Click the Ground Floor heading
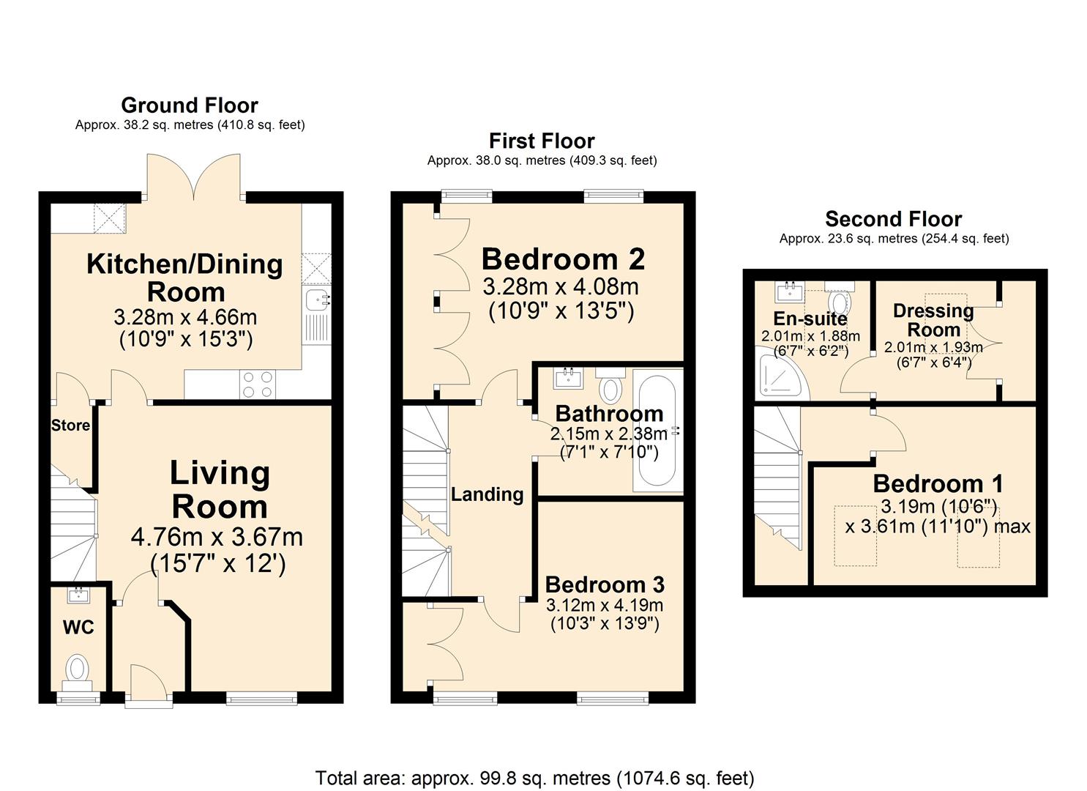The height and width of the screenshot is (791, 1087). point(189,105)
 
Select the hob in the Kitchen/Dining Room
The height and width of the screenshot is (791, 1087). point(258,385)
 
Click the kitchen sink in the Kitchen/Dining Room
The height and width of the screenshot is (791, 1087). point(316,299)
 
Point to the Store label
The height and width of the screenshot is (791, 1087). point(70,426)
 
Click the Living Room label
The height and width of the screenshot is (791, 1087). point(220,489)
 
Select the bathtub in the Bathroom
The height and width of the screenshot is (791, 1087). point(657,431)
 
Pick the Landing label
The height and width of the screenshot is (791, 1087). point(487,494)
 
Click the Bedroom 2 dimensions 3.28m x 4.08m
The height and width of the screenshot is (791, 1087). point(561,286)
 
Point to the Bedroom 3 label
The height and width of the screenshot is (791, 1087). point(605,584)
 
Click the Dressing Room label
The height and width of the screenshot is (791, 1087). point(933,320)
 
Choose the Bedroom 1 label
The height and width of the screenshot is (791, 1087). point(938,484)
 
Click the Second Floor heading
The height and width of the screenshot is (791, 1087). point(893,219)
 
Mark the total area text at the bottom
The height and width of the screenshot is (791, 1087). point(534,778)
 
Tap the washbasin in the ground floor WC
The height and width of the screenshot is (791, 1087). point(78,595)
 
